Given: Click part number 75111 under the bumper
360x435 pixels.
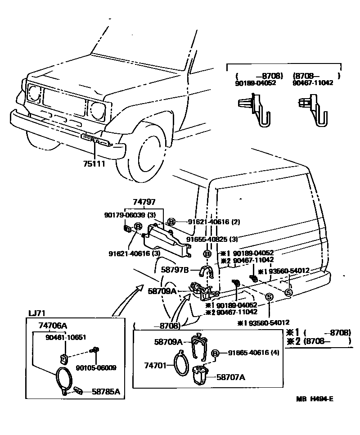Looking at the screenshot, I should coord(94,164).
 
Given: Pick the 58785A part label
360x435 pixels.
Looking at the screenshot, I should coord(106,392).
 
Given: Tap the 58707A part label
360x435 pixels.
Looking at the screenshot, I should coord(230,377).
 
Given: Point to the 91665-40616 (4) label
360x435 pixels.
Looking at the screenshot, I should coord(253,353).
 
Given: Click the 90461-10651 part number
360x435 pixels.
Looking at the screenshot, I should coord(66,337).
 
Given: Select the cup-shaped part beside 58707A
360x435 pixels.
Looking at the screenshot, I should coord(201,376).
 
